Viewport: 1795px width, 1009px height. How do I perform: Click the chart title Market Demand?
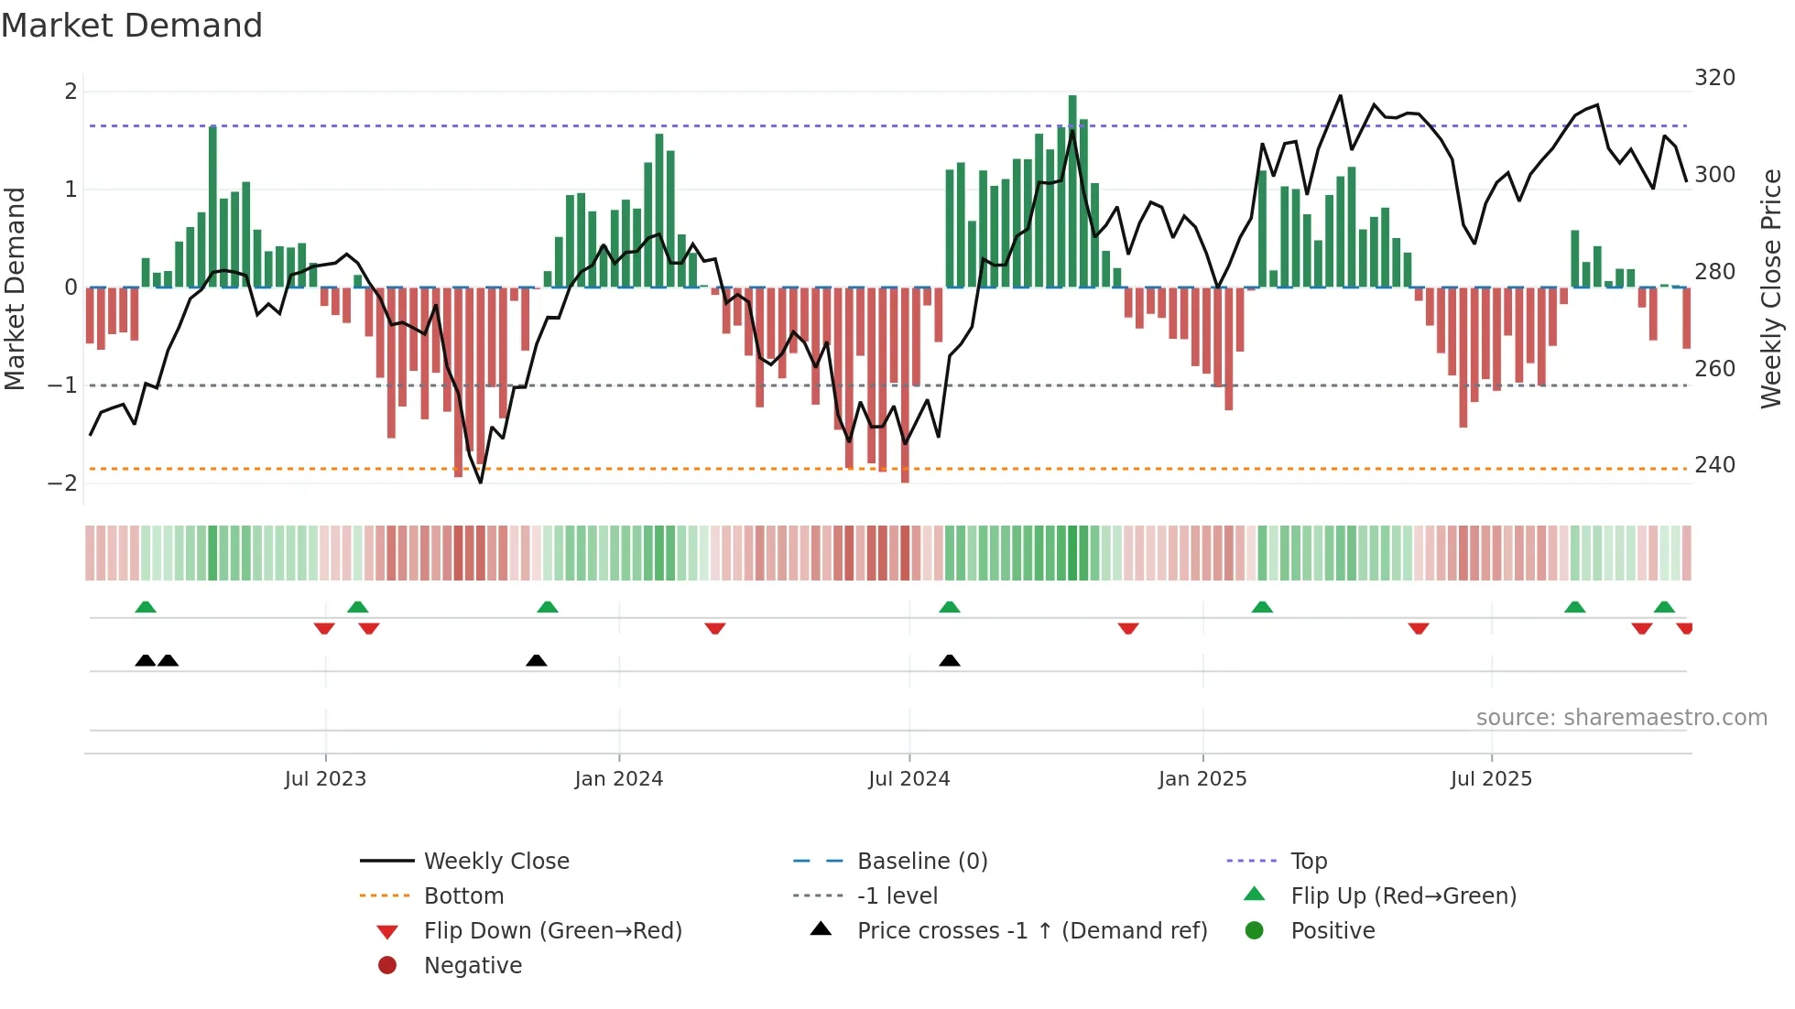click(x=132, y=26)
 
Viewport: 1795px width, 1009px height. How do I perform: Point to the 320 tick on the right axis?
click(x=1714, y=78)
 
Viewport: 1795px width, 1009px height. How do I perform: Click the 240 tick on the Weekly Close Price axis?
click(x=1714, y=465)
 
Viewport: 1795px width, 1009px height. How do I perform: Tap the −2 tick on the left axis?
click(x=62, y=483)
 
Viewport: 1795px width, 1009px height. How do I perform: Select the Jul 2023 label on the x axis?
click(x=325, y=779)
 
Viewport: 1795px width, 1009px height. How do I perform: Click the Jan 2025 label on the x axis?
click(x=1202, y=779)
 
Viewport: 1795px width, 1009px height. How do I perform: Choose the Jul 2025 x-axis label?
click(x=1491, y=779)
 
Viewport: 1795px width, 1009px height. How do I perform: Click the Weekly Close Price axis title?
click(x=1771, y=288)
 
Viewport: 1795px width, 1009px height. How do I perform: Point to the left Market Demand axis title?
click(x=15, y=288)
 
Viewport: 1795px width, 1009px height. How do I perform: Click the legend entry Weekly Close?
click(x=495, y=862)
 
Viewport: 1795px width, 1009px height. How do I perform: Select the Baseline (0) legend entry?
click(x=921, y=862)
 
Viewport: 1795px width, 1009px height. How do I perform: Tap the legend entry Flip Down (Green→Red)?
click(x=552, y=931)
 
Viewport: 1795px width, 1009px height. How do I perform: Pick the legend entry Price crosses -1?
click(x=1031, y=931)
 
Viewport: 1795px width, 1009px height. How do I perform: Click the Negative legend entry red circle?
click(x=387, y=966)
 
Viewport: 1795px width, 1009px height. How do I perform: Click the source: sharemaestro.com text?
click(x=1621, y=718)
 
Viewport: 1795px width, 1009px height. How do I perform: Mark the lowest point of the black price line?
click(x=481, y=483)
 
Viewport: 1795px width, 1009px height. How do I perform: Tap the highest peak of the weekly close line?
click(x=1341, y=95)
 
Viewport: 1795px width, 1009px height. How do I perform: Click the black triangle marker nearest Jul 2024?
click(x=950, y=660)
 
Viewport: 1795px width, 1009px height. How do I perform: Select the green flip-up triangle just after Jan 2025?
click(x=1262, y=607)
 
